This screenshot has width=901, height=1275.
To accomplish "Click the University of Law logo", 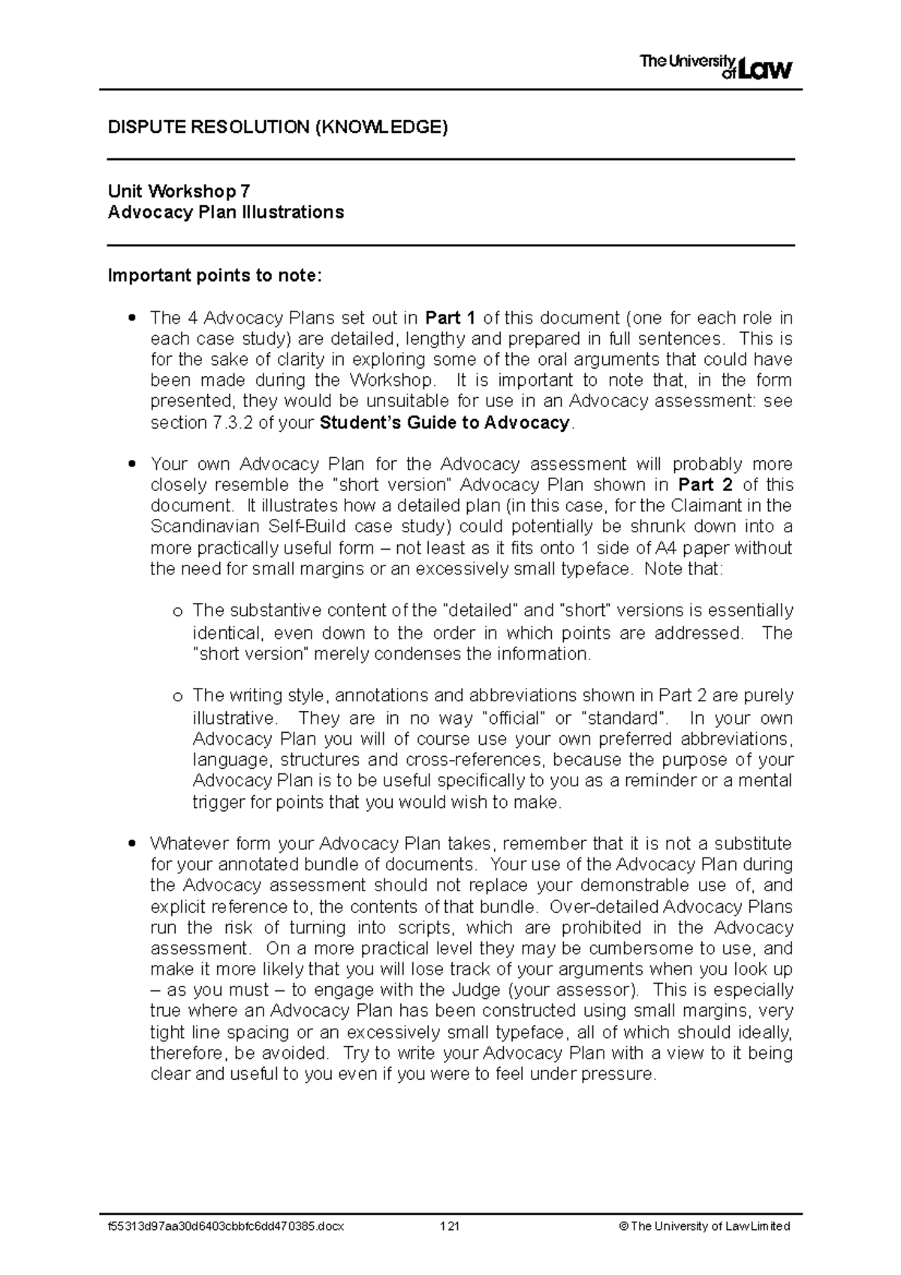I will [x=716, y=68].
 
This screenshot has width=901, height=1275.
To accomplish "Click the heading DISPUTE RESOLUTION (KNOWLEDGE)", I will [x=278, y=127].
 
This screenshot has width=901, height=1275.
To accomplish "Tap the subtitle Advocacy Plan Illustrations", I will [x=226, y=212].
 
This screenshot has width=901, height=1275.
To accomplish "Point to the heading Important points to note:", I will [x=215, y=276].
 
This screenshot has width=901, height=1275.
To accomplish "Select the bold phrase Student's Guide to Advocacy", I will [x=445, y=423].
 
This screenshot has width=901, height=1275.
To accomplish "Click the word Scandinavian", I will [x=197, y=527].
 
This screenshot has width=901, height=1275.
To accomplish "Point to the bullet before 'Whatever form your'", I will [x=132, y=844].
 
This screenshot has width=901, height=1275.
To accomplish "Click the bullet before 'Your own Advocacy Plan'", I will [x=132, y=465].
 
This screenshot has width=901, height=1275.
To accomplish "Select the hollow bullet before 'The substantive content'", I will [x=177, y=611].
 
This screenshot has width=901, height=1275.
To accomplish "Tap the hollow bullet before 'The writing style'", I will [x=177, y=697].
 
